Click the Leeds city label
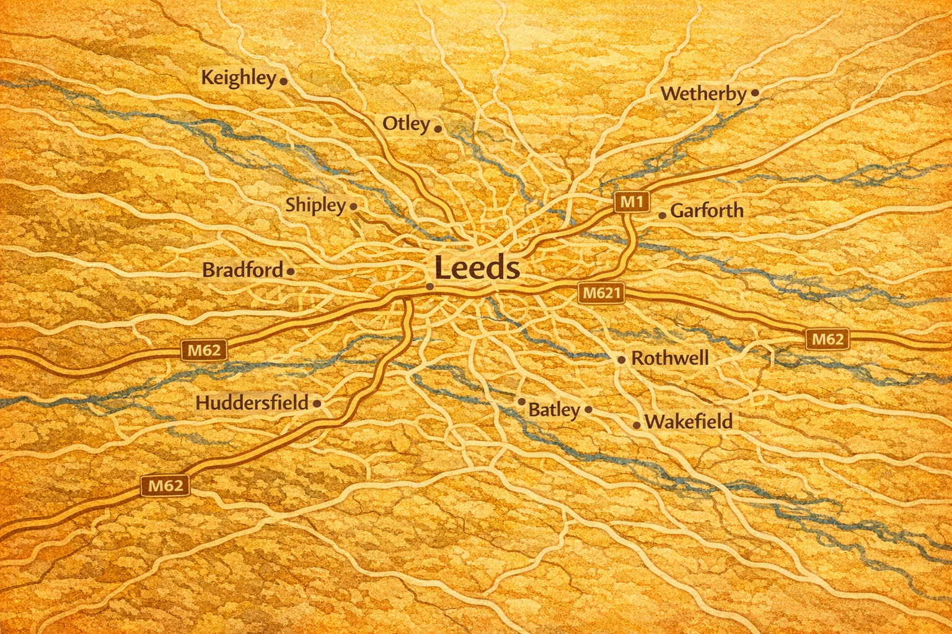[x=477, y=269]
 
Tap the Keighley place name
[x=239, y=78]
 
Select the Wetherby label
[x=703, y=94]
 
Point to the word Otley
[x=406, y=124]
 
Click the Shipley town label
[x=315, y=205]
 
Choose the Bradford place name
[x=242, y=271]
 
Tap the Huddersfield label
[x=252, y=403]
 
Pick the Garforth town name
[x=707, y=211]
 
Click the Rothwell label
[x=669, y=358]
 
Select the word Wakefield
[x=688, y=422]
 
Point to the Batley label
[x=553, y=410]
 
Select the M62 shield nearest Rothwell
[x=827, y=339]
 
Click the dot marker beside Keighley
[x=283, y=80]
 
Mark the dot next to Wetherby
[x=755, y=93]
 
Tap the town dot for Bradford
[x=291, y=271]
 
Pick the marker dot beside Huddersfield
[x=317, y=404]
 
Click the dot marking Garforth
[x=662, y=215]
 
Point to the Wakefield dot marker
[x=637, y=425]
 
